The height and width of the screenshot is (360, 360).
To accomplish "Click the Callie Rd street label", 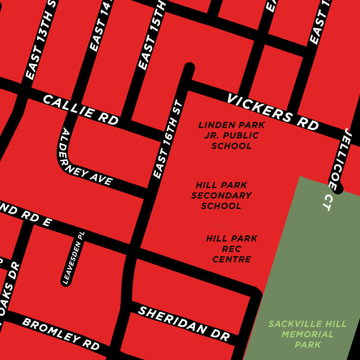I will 81,109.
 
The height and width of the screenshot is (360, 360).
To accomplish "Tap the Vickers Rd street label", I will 273,112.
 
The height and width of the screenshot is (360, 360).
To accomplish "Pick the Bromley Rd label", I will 61,334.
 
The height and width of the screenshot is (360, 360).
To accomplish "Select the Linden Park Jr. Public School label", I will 232,135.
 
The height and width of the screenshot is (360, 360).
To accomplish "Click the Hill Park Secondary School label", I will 221,196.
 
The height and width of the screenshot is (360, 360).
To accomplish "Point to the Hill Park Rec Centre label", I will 232,249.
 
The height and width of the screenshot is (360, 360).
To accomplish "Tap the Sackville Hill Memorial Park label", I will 308,334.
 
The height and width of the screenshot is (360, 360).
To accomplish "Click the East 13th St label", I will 41,42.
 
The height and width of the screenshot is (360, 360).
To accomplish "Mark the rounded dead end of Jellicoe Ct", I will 339,189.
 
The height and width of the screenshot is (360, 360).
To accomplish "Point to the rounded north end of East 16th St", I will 189,68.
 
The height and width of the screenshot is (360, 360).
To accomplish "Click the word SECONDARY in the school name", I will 221,196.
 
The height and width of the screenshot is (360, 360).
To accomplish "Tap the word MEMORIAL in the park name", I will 308,334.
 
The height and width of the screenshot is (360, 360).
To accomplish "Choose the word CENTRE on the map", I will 232,259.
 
